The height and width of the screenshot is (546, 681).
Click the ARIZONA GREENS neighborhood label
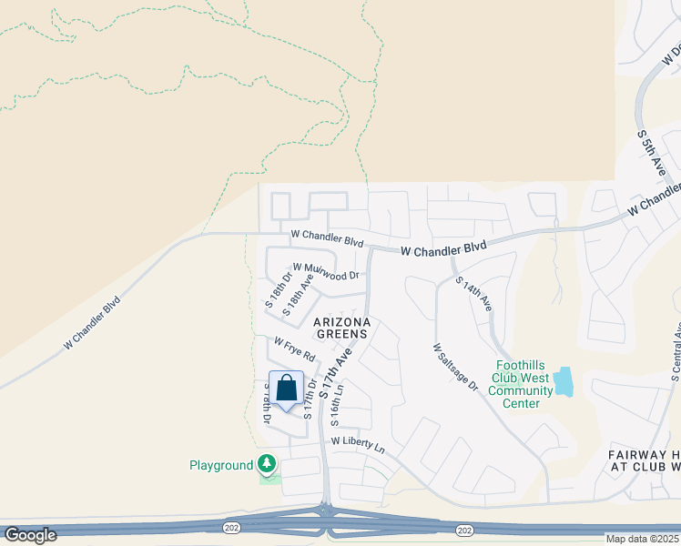click(x=341, y=328)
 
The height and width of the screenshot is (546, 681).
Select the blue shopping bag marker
click(x=287, y=389)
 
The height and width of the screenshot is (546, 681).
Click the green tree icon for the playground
click(x=267, y=465)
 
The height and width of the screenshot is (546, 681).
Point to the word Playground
click(x=220, y=466)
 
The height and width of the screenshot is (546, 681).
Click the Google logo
click(x=30, y=535)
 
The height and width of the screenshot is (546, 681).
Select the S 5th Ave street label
click(x=652, y=153)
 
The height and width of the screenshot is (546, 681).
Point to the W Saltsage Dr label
click(x=455, y=367)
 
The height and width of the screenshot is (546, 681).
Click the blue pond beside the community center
click(x=564, y=381)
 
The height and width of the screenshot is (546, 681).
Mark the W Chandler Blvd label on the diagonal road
click(x=92, y=322)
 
